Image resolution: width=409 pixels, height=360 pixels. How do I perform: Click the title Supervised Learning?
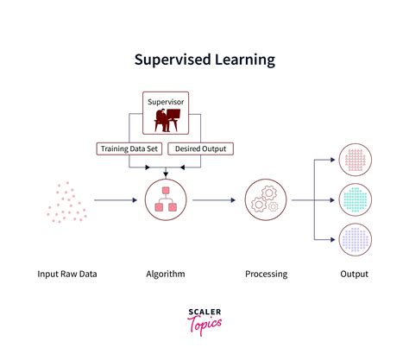pos(204,60)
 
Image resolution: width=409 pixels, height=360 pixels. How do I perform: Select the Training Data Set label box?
pos(129,148)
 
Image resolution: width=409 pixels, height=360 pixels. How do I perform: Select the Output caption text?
pos(354,275)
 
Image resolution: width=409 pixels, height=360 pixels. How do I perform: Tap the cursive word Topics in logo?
pos(205,327)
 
